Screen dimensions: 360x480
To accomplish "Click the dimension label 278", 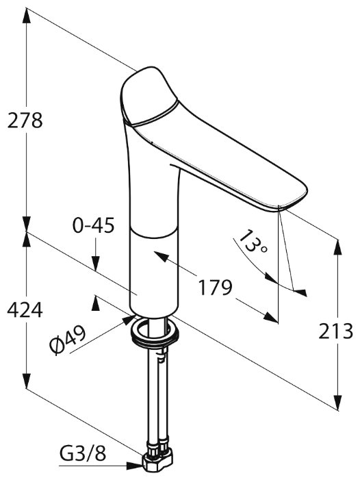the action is click(25, 121).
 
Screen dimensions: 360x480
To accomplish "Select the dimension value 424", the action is click(25, 310).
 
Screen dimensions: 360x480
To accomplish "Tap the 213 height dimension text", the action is click(335, 331).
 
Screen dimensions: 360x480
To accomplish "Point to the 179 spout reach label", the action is click(216, 288).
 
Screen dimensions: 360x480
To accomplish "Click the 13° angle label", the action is click(253, 241).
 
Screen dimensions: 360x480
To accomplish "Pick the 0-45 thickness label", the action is click(93, 225).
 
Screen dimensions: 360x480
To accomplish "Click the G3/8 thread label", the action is click(83, 453).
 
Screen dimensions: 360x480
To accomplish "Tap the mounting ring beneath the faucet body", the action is click(155, 333).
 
